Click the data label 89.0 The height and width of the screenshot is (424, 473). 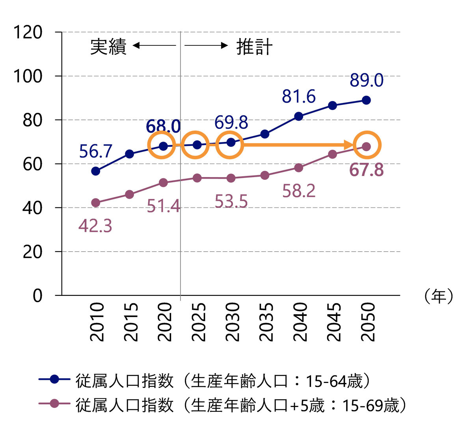coord(366,80)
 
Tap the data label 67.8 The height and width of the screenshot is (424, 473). coord(367,170)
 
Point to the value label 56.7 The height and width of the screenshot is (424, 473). coord(96,151)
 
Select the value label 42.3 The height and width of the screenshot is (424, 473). coord(95,226)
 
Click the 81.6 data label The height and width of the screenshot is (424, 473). coord(299,97)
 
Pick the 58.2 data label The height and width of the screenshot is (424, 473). coord(299,191)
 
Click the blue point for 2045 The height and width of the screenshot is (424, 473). coord(332,105)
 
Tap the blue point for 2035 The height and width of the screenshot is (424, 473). coord(265,134)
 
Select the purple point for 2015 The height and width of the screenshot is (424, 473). coord(129,194)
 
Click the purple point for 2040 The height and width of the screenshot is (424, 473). coord(298,168)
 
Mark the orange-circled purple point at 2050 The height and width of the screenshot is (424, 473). coord(366,146)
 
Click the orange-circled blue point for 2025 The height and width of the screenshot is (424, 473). coord(197,145)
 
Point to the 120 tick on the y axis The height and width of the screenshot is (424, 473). coord(28,32)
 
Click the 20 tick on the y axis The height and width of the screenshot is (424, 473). coord(32,252)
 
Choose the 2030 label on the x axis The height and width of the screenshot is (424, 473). coord(232,321)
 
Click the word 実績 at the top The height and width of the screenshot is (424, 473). coord(108,47)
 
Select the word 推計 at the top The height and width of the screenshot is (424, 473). coord(254,47)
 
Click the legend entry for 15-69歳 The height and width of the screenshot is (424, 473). coord(241,405)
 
